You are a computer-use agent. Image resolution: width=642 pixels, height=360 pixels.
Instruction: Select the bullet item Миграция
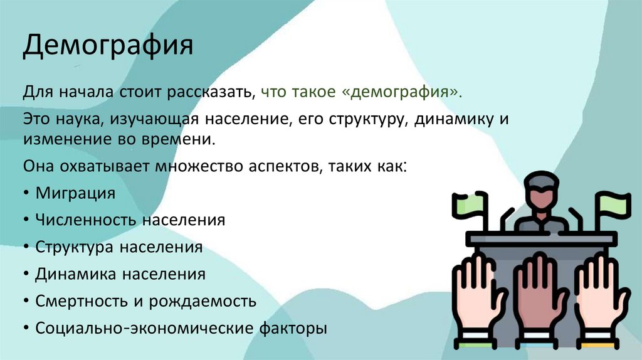pyautogui.click(x=75, y=193)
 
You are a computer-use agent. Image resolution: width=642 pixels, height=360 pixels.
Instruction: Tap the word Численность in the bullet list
pyautogui.click(x=87, y=220)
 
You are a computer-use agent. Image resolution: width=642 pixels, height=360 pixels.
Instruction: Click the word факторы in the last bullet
pyautogui.click(x=293, y=328)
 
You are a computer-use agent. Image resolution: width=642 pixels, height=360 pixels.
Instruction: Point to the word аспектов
pyautogui.click(x=283, y=166)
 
